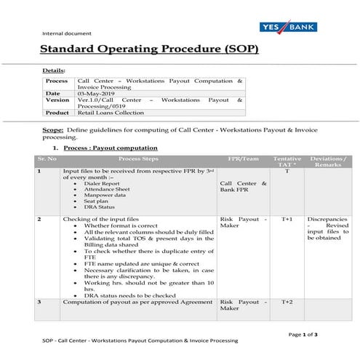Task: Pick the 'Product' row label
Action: tap(57, 113)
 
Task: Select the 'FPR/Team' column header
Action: tap(242, 159)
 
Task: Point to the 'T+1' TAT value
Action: tap(287, 218)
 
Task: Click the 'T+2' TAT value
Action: tap(287, 301)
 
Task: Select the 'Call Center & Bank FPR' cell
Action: tap(243, 188)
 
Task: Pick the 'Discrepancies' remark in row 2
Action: tap(327, 218)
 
